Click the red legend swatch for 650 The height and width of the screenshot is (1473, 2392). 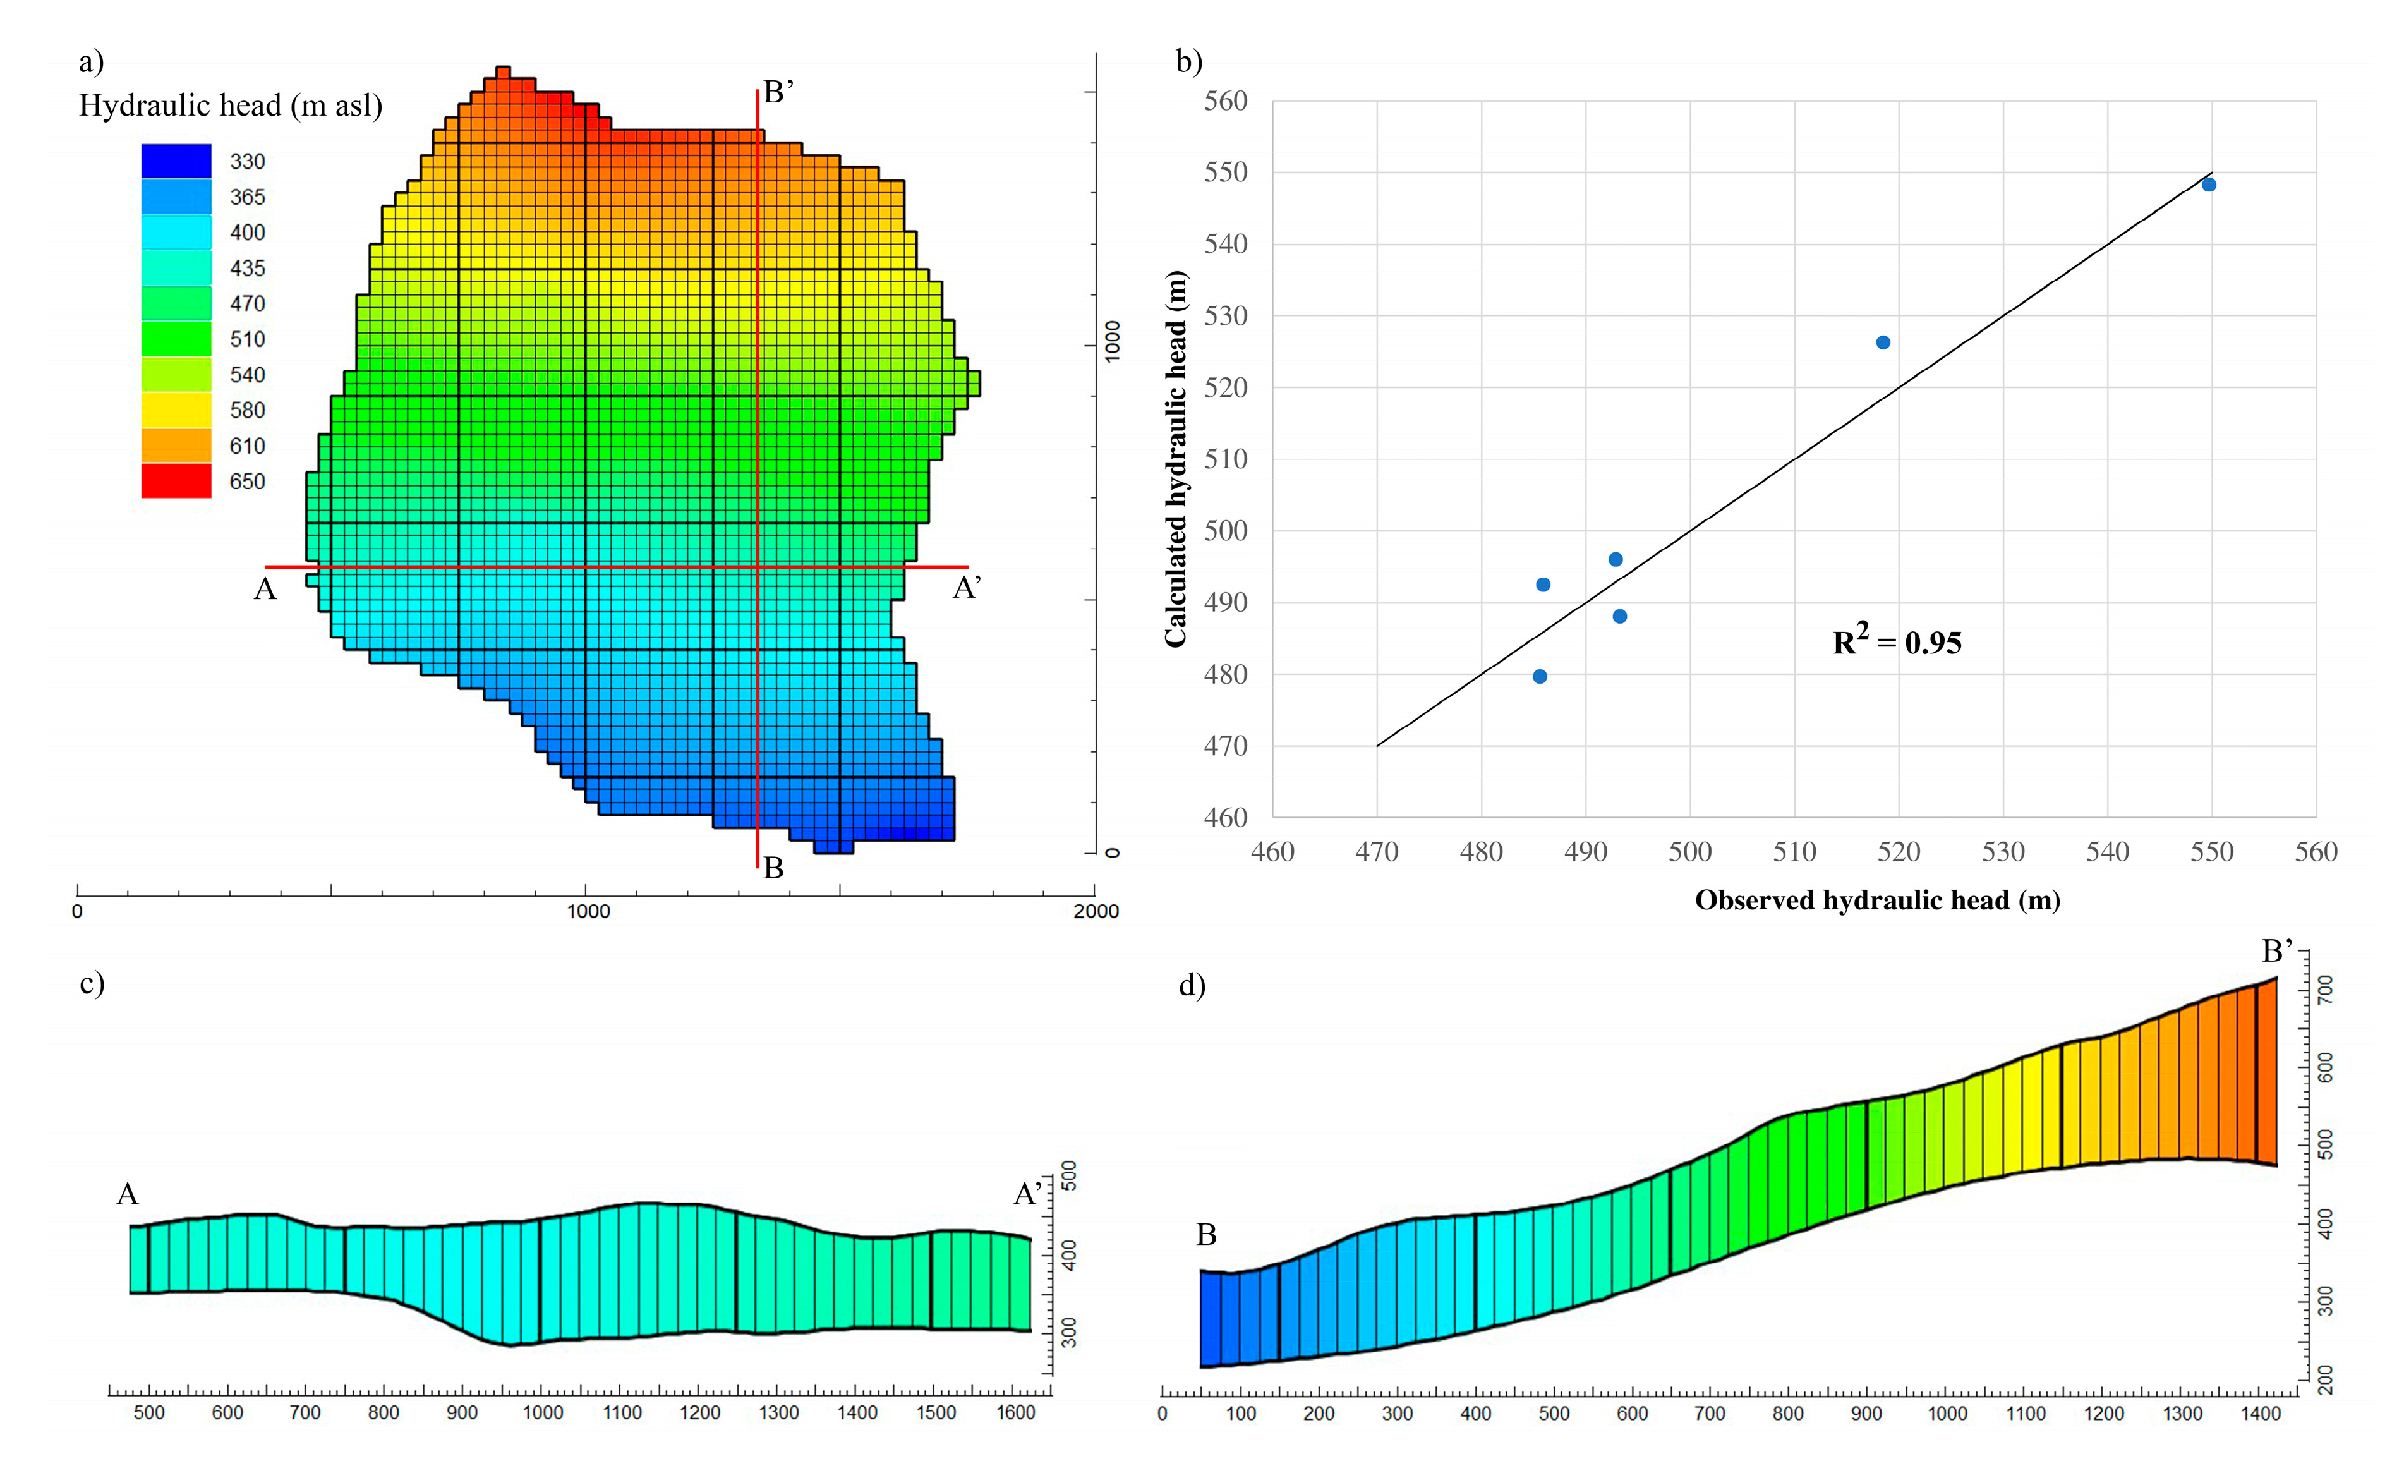coord(176,482)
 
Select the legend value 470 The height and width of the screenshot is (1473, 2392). coord(248,304)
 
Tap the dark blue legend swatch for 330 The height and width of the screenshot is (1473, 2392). coord(176,161)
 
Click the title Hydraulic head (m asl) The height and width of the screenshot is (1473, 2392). coord(231,105)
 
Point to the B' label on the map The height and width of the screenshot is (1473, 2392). coord(778,92)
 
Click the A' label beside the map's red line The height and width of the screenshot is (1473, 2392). coord(966,588)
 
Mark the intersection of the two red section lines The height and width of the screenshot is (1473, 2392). coord(758,567)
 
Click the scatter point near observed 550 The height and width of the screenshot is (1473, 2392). coord(2209,185)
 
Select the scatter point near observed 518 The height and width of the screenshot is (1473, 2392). coord(1883,343)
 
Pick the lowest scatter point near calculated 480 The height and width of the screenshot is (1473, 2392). coord(1540,677)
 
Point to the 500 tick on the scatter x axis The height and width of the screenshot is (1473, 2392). coord(1690,852)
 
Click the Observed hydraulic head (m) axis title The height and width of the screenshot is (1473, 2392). coord(1877,900)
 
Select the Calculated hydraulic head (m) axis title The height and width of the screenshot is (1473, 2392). coord(1176,459)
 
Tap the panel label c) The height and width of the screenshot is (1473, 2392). coord(92,983)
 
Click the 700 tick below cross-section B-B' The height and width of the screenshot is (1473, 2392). coord(1709,1414)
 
